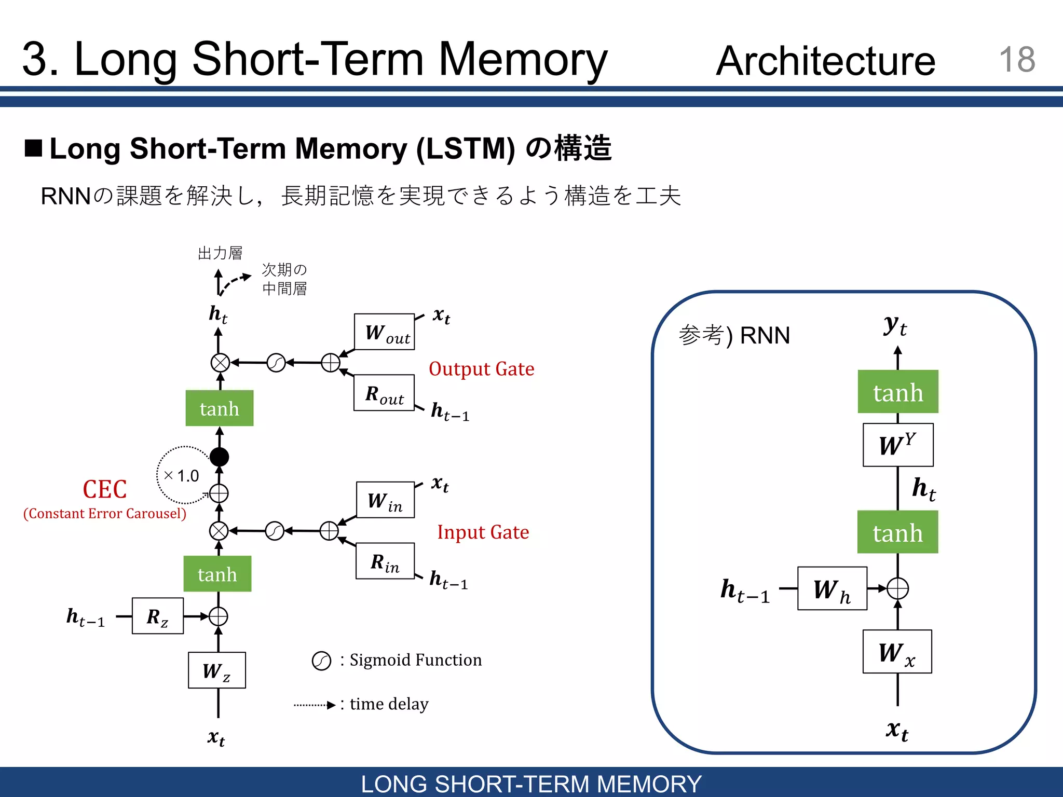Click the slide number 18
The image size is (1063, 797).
(1016, 59)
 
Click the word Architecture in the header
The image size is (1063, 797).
(825, 61)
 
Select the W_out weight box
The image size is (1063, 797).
(384, 332)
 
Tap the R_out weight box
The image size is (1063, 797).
(384, 393)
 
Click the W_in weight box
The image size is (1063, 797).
(385, 500)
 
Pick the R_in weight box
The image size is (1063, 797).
(385, 561)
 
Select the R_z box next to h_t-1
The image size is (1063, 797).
(158, 616)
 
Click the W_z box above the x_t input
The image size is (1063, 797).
(216, 670)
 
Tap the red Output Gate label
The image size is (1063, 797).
(481, 369)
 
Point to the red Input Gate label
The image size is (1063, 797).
(483, 532)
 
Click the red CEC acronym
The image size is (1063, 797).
(105, 489)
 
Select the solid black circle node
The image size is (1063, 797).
(219, 457)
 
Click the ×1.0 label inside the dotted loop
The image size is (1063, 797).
(181, 476)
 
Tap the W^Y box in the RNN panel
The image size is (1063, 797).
(897, 445)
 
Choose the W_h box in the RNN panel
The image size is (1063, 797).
(832, 589)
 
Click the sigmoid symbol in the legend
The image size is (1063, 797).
(321, 661)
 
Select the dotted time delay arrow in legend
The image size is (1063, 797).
(315, 705)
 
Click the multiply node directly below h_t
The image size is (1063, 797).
(220, 363)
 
